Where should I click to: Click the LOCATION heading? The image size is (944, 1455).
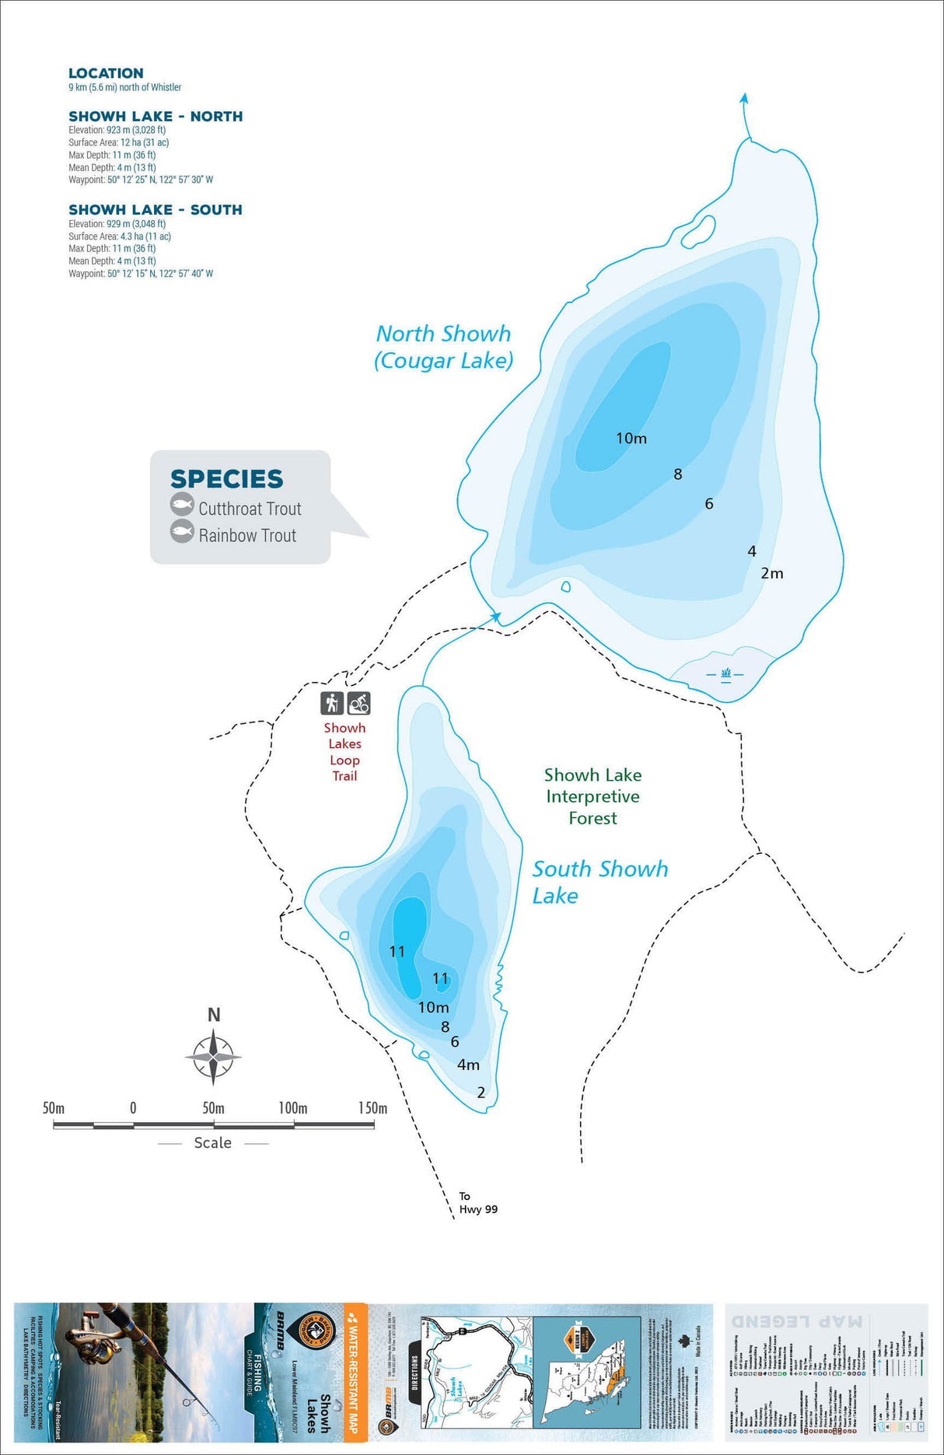point(106,73)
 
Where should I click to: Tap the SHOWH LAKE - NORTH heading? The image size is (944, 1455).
point(156,117)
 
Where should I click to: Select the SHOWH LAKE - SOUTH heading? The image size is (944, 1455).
point(156,210)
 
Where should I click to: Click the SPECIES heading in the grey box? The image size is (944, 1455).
point(226,478)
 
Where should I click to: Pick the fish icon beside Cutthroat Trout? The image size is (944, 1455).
point(182,505)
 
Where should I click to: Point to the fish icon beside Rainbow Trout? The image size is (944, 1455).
point(182,532)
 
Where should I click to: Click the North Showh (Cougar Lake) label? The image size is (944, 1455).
point(443,347)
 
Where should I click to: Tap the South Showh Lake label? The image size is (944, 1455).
point(600,881)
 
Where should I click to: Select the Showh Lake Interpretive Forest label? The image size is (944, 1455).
point(593,796)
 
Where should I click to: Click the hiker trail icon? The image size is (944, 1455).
point(332,703)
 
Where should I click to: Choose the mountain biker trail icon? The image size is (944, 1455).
point(358,703)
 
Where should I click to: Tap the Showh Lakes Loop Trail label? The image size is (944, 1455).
point(344,751)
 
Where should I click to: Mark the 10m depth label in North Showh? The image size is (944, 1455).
point(631,439)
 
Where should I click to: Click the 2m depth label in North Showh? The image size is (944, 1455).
point(771,573)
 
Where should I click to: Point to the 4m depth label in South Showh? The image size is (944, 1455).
point(468,1065)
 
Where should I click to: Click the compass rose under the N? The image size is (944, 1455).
point(213,1057)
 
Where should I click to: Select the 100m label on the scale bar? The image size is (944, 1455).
point(292,1107)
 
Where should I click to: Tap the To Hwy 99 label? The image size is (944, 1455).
point(477,1202)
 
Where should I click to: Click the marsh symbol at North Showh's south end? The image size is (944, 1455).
point(725,673)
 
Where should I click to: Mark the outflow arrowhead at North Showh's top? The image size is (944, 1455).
point(744,98)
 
